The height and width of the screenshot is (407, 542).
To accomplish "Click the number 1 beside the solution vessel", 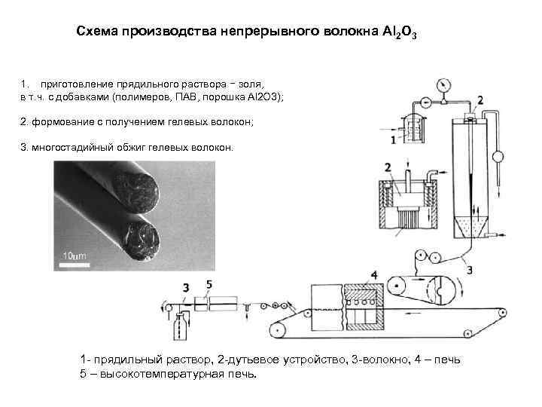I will (394, 140).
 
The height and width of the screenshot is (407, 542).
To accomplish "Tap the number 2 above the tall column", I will (480, 99).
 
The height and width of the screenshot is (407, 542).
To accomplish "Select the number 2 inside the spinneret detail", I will (387, 167).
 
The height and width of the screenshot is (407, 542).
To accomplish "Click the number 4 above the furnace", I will (374, 274).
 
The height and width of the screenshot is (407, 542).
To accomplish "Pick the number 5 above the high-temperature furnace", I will (209, 285).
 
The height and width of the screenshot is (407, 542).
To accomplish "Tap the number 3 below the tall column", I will (470, 268).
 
